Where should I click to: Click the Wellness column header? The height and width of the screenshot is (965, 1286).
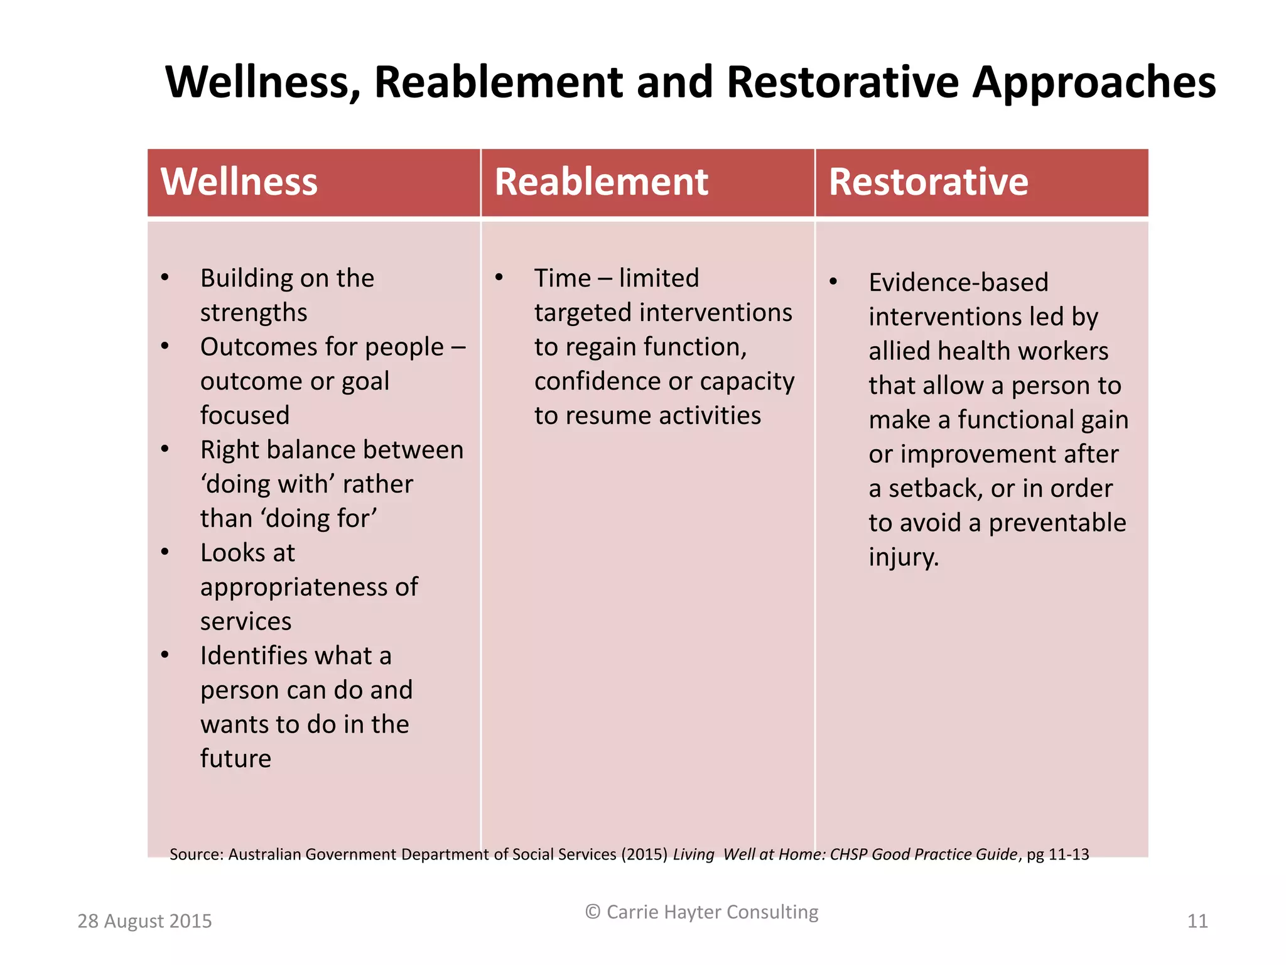pos(239,182)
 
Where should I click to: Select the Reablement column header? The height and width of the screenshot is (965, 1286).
pos(601,182)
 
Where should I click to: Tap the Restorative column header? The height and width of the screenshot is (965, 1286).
pos(928,182)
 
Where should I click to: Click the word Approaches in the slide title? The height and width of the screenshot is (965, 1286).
pos(1094,82)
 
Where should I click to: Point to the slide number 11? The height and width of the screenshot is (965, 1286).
pos(1197,921)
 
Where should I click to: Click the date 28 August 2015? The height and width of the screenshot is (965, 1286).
pos(144,921)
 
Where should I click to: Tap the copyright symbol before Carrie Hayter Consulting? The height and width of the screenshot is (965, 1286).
pos(593,912)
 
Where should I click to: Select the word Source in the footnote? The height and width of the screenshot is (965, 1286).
pos(195,854)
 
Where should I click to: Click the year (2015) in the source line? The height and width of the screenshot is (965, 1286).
pos(644,854)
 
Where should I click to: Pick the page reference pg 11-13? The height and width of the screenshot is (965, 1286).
pos(1058,854)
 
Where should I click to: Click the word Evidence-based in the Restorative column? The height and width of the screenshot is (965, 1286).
pos(958,283)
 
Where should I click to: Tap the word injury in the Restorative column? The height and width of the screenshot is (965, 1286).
pos(903,557)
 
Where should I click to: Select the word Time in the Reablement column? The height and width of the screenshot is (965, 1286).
pos(563,278)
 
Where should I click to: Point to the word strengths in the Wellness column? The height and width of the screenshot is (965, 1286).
pos(254,313)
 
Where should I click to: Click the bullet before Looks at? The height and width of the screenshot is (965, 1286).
pos(165,552)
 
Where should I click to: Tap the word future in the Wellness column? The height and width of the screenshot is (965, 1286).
pos(235,759)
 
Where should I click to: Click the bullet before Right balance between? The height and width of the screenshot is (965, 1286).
pos(165,449)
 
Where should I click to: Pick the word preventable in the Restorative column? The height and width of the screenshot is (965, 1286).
pos(1057,523)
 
